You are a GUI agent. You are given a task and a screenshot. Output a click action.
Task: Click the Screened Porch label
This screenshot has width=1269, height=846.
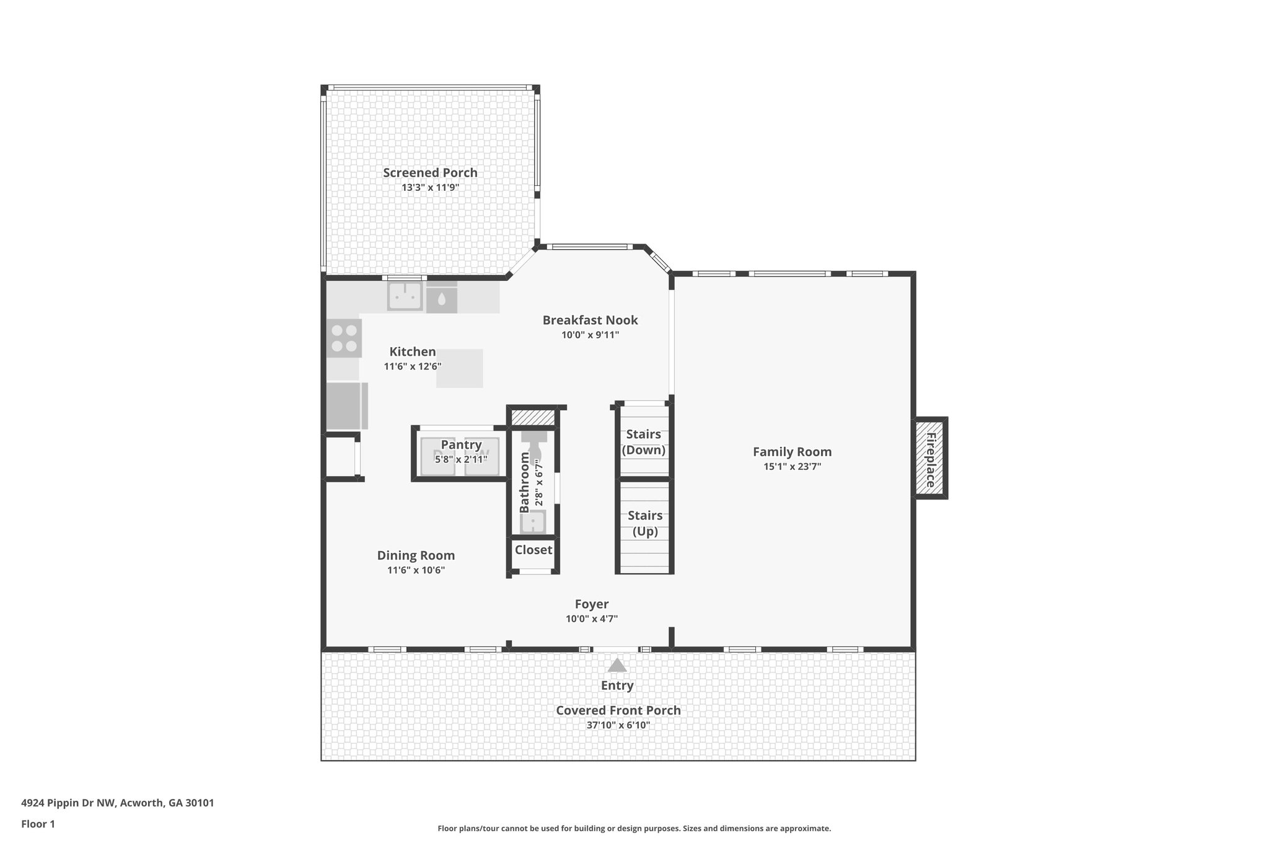tap(430, 173)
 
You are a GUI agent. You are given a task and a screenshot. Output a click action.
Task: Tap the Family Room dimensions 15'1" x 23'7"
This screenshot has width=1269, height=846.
tap(792, 467)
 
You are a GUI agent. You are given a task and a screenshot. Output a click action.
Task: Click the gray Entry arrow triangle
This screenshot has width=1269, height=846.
tap(617, 666)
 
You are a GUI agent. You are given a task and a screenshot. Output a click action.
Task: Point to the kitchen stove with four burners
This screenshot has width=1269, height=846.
tap(344, 338)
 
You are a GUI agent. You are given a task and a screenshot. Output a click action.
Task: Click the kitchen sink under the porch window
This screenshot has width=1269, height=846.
tap(405, 296)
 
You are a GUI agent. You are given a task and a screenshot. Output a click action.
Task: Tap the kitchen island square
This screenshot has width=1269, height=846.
tap(459, 369)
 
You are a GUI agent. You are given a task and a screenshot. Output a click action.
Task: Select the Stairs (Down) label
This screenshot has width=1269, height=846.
tap(643, 442)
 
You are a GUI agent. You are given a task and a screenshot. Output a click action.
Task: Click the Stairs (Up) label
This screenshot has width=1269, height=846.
tap(645, 523)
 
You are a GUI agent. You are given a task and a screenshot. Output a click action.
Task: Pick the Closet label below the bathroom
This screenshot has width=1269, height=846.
tap(533, 550)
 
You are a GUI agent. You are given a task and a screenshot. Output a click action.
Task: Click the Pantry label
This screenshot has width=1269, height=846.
tap(461, 444)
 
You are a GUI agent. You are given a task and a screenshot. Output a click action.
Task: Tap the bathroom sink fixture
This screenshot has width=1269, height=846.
tap(533, 522)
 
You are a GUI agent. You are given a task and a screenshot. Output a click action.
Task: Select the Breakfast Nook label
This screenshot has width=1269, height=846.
tap(590, 320)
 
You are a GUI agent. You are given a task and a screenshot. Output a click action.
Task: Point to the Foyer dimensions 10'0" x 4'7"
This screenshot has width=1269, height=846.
tap(591, 619)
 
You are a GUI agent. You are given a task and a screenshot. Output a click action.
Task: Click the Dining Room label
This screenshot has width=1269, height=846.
tap(416, 555)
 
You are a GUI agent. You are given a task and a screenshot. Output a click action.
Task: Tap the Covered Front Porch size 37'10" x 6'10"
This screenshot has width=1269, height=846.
tap(618, 725)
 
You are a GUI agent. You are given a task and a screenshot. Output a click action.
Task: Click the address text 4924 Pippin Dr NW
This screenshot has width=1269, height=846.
tap(117, 803)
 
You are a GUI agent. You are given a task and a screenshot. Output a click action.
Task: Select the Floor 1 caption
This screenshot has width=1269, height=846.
tap(38, 824)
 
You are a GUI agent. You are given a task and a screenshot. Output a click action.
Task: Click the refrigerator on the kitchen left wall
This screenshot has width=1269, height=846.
tap(345, 406)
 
